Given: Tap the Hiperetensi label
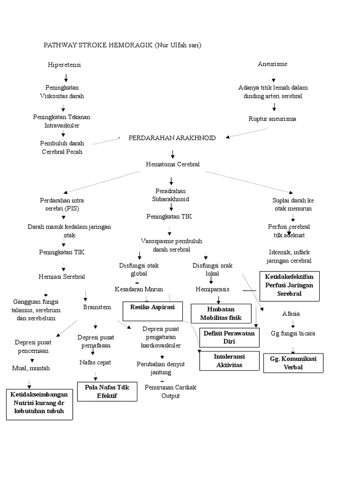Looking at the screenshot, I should click(65, 65).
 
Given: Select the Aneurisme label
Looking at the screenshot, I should click(272, 64).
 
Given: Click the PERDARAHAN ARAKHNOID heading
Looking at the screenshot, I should click(172, 138).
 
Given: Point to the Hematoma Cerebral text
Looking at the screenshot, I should click(172, 165).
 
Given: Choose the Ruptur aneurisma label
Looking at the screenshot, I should click(272, 119).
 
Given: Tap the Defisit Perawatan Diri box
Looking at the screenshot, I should click(229, 337).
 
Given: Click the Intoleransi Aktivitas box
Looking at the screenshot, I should click(229, 360).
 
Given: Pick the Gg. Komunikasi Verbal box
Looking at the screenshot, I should click(293, 363).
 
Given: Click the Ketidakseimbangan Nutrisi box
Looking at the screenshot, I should click(40, 403).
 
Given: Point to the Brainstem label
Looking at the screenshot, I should click(97, 307).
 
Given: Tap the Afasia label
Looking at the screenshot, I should click(292, 314).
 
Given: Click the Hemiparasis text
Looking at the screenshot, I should click(212, 289).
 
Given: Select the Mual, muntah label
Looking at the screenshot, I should click(31, 368).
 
